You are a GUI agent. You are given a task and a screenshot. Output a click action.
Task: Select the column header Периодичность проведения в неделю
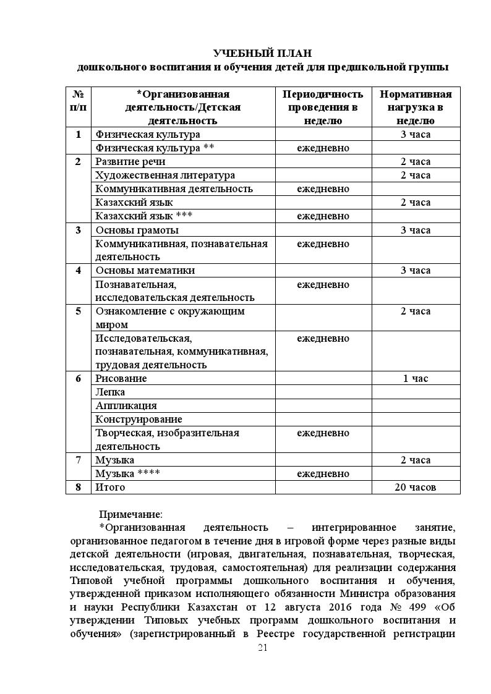click(323, 108)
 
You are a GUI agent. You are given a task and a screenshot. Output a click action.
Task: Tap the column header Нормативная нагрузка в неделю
click(416, 108)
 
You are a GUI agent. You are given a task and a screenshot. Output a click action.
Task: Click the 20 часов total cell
click(416, 487)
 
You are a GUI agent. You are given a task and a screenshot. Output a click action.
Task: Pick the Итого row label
click(110, 487)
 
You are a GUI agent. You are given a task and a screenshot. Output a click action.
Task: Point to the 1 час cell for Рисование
click(416, 378)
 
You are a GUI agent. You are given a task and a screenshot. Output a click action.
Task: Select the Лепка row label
click(110, 392)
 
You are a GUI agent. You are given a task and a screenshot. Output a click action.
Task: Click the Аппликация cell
click(126, 405)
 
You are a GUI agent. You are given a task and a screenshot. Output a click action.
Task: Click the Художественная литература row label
click(165, 175)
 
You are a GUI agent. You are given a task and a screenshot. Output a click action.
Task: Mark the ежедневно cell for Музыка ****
click(323, 473)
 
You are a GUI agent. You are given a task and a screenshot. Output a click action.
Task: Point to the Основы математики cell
click(145, 270)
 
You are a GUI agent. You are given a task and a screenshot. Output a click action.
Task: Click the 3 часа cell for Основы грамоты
click(416, 230)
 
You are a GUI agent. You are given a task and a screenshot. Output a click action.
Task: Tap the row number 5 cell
click(79, 311)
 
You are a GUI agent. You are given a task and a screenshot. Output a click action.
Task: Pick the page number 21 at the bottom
click(263, 648)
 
